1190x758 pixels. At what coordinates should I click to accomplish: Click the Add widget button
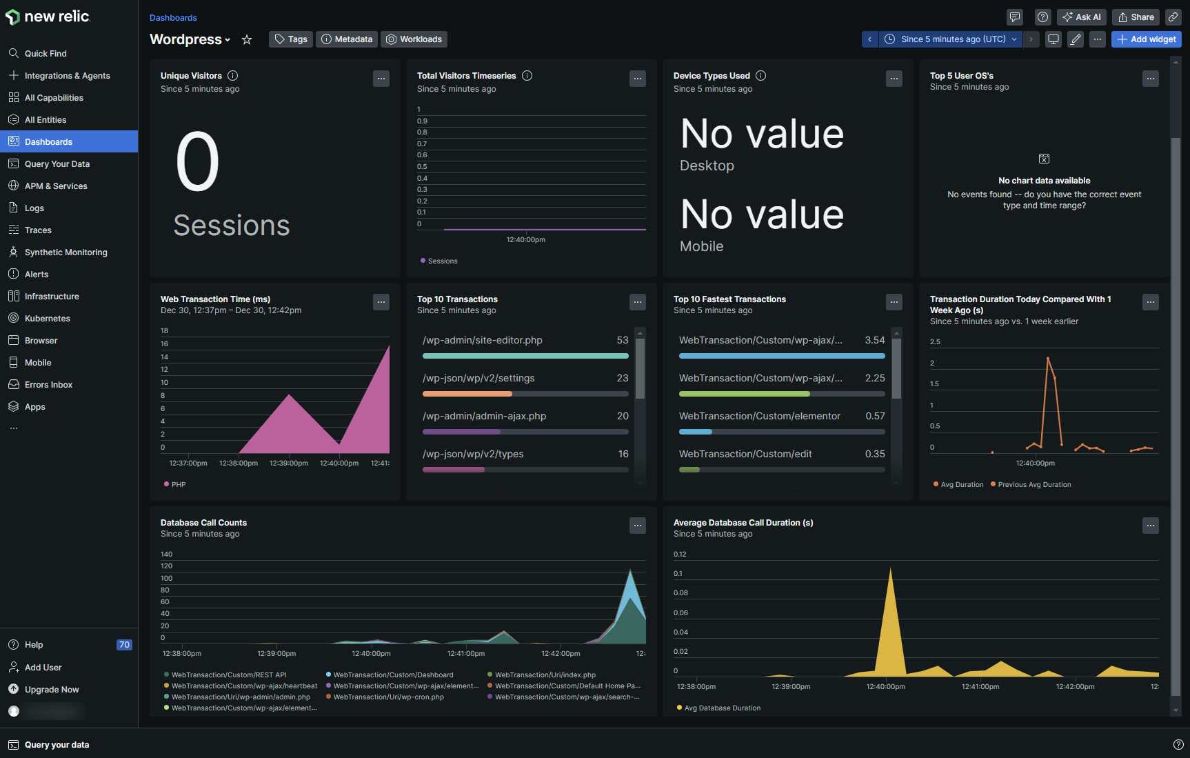(1146, 39)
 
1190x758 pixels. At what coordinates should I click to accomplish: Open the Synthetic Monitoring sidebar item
(65, 252)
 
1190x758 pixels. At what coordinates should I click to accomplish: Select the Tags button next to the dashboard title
(291, 39)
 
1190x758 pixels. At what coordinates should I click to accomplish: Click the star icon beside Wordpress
(247, 40)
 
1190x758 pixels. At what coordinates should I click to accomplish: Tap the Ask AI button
(1082, 17)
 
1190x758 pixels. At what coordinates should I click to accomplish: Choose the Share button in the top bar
(1136, 17)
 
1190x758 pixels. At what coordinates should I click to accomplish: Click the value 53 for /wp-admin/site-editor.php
(623, 340)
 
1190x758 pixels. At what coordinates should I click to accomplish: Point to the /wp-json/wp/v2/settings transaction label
(478, 378)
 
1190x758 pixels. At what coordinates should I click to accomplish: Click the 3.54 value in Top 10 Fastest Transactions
(874, 340)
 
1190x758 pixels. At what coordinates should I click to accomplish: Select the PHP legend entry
(178, 484)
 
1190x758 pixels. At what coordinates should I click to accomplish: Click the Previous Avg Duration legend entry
(1034, 484)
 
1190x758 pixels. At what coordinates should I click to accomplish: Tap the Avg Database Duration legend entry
(722, 708)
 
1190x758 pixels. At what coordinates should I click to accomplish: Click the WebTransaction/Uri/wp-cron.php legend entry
(388, 697)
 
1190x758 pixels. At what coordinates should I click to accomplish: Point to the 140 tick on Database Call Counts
(166, 554)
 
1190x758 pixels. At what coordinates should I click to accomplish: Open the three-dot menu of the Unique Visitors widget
(381, 79)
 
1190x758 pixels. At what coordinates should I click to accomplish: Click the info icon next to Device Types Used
(761, 76)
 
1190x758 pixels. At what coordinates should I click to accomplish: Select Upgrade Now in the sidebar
(52, 690)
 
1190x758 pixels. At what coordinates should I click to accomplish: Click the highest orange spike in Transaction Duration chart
(1048, 358)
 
